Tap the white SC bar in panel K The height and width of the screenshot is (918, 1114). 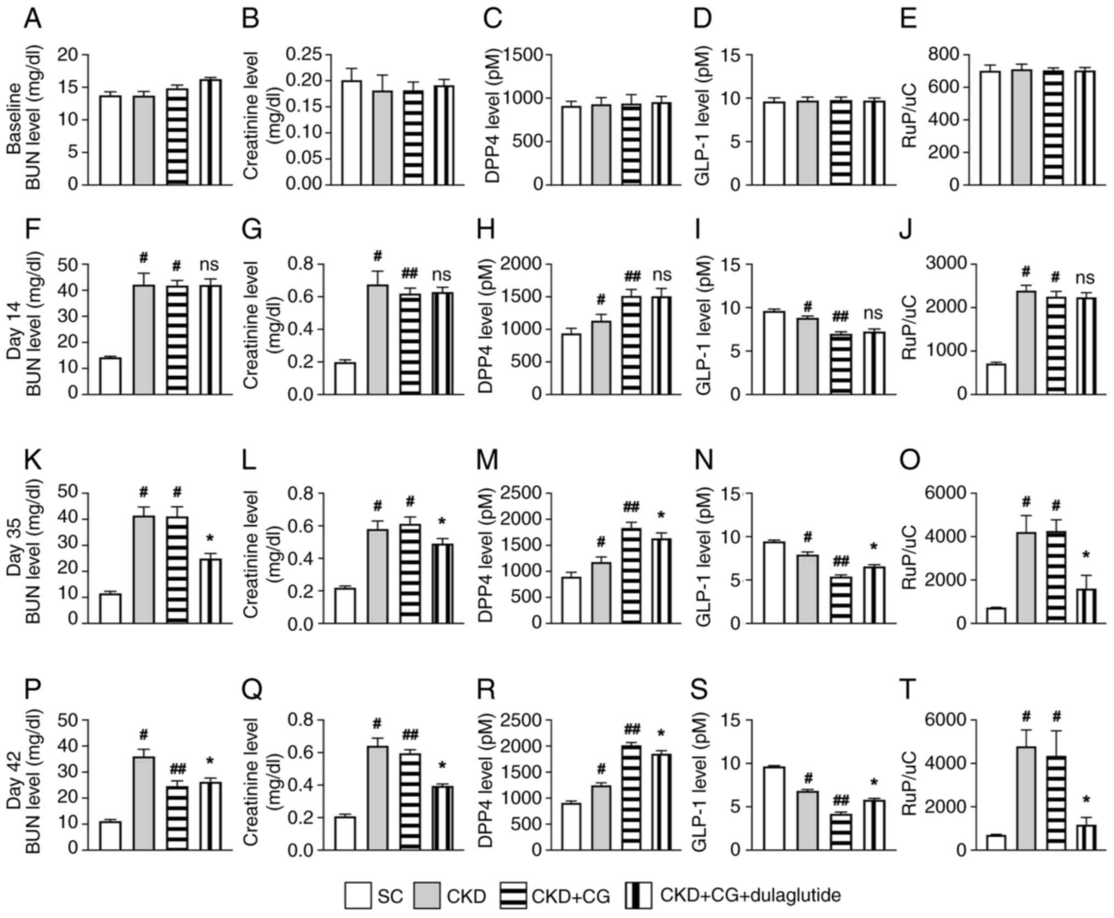pos(110,608)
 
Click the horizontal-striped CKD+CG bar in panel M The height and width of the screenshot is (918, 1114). pos(632,575)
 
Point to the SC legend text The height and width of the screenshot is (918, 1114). pos(390,897)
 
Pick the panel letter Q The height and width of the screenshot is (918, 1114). pos(252,691)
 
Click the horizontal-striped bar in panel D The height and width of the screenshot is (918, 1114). pos(841,143)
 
